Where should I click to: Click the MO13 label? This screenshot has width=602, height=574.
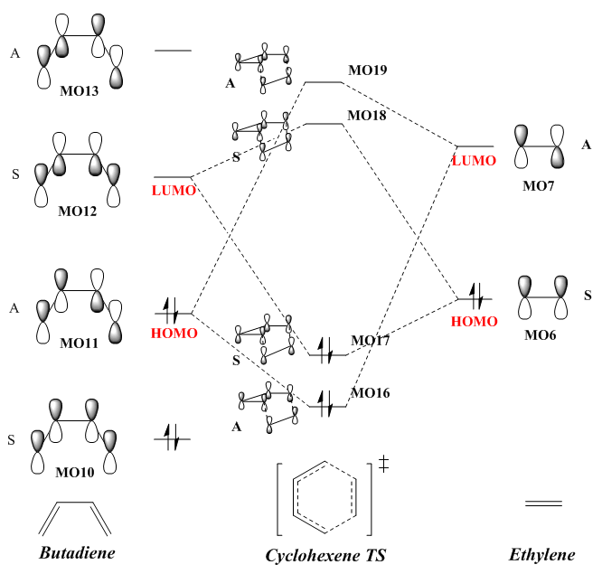point(79,90)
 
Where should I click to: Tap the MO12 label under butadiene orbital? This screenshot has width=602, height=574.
point(79,212)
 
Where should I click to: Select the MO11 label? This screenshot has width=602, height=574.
point(79,344)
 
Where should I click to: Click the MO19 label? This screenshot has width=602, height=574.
point(367,70)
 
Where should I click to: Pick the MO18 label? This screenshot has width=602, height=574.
point(367,116)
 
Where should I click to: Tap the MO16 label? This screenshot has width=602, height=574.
point(371,393)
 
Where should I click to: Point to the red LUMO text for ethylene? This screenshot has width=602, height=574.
point(474,160)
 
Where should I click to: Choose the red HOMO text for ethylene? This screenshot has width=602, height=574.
point(474,322)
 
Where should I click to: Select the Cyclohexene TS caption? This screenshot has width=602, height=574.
point(325,555)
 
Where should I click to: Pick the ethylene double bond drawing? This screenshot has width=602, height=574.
point(543,503)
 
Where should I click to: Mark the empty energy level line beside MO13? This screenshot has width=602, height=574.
point(173,50)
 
